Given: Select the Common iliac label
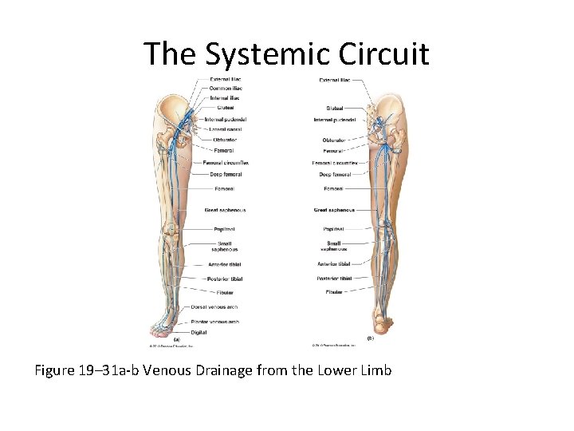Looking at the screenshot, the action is coord(225,89).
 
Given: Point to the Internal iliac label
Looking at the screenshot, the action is coord(225,98).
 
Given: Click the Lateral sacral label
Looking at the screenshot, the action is coord(226,129).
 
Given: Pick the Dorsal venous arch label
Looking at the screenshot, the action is coord(214,307).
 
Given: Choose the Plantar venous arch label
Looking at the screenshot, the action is coord(214,322).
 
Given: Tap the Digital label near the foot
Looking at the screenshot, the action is coord(199,332).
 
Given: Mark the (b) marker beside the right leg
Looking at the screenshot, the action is coord(370,338).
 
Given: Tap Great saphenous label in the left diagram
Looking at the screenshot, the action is coord(225,210).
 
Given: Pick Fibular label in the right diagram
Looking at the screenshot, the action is coord(334,292).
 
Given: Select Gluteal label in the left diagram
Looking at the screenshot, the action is coord(225,108).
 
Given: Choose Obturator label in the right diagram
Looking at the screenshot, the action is coord(334,140).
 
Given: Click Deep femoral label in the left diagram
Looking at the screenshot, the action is coord(226,173).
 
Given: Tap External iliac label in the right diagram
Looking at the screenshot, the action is coord(335,80).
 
